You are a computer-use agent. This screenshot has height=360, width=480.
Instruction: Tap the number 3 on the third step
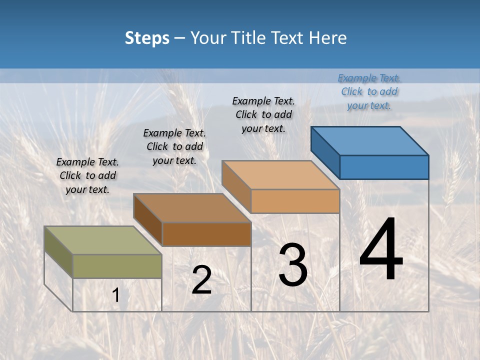[292, 265]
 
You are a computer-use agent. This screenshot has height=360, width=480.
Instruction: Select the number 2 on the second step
[201, 280]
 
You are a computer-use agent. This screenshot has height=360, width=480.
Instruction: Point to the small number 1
[115, 295]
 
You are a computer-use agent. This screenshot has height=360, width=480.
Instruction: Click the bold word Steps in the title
[147, 38]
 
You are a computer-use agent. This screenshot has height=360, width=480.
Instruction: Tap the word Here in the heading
[328, 38]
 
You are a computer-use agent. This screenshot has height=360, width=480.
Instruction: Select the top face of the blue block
[369, 140]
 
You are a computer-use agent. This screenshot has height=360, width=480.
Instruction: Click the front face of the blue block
[384, 167]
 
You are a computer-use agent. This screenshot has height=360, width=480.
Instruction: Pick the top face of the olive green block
[102, 240]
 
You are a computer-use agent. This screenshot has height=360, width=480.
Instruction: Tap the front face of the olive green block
[117, 266]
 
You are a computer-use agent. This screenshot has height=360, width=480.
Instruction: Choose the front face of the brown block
[206, 234]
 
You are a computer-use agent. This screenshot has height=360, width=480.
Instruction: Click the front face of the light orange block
[295, 201]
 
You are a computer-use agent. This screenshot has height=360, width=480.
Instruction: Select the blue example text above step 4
[369, 92]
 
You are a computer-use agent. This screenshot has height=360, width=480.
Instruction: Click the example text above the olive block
[87, 176]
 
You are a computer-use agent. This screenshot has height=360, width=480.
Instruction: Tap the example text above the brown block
[174, 147]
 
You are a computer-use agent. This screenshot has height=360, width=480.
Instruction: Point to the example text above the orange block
[263, 115]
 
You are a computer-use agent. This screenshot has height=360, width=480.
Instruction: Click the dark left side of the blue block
[325, 152]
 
